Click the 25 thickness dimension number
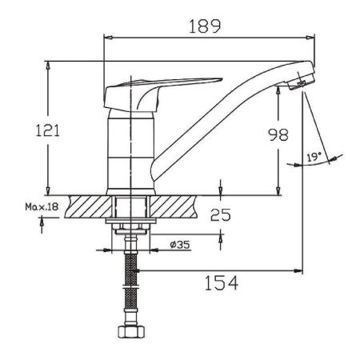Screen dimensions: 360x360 pos(220,214)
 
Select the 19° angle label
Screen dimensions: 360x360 pos(313,158)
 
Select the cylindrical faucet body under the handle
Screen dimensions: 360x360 pos(129,152)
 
